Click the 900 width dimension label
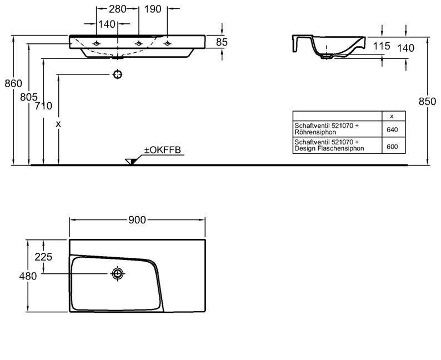pos(137,221)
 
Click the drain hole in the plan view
pos(118,273)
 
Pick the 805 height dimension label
pos(28,97)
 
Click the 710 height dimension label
pos(44,106)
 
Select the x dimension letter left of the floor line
pos(58,124)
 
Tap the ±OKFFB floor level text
pos(163,151)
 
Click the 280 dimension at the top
pos(117,9)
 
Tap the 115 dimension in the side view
pos(382,46)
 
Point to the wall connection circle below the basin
pos(117,74)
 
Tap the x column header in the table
pos(392,116)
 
